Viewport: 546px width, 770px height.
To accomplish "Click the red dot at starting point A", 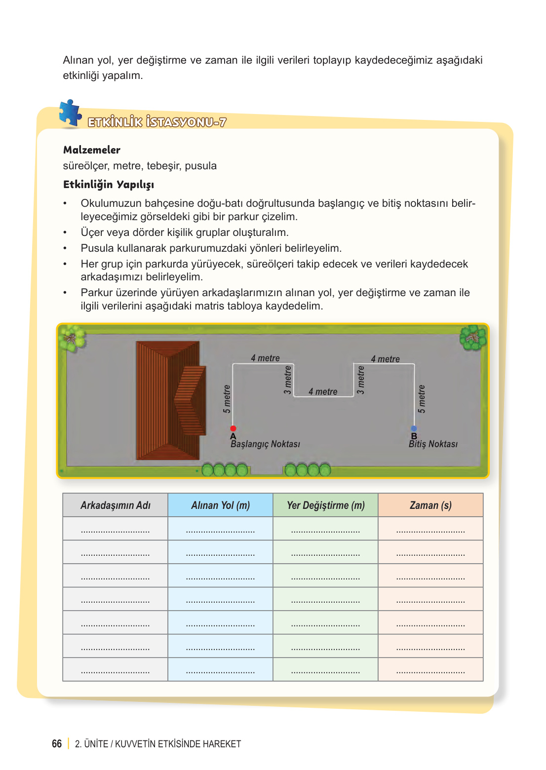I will pyautogui.click(x=233, y=428).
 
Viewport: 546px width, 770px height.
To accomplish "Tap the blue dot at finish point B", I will pyautogui.click(x=414, y=428).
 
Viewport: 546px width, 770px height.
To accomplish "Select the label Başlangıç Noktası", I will pyautogui.click(x=265, y=444).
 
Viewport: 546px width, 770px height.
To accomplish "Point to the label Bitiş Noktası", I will pyautogui.click(x=433, y=444).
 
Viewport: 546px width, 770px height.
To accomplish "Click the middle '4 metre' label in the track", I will pyautogui.click(x=323, y=392).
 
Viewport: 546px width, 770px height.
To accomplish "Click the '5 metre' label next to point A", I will pyautogui.click(x=227, y=399).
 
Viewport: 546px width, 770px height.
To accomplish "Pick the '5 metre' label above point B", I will pyautogui.click(x=421, y=399).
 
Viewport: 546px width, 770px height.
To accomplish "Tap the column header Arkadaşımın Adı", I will pyautogui.click(x=116, y=505).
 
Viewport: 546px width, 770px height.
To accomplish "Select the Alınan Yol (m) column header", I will pyautogui.click(x=220, y=505).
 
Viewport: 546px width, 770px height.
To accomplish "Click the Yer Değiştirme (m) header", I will pyautogui.click(x=325, y=505).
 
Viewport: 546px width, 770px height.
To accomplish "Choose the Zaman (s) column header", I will pyautogui.click(x=430, y=505).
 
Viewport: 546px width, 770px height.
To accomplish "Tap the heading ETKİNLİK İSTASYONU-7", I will pyautogui.click(x=157, y=122).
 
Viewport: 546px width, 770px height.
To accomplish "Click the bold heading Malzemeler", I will pyautogui.click(x=92, y=150).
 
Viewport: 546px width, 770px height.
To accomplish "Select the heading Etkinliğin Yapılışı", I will pyautogui.click(x=109, y=185).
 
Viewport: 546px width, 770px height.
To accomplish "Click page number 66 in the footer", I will pyautogui.click(x=57, y=744).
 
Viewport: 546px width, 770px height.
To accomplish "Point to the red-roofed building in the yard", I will pyautogui.click(x=170, y=400).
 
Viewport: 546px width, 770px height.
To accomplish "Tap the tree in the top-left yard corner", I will pyautogui.click(x=72, y=339).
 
